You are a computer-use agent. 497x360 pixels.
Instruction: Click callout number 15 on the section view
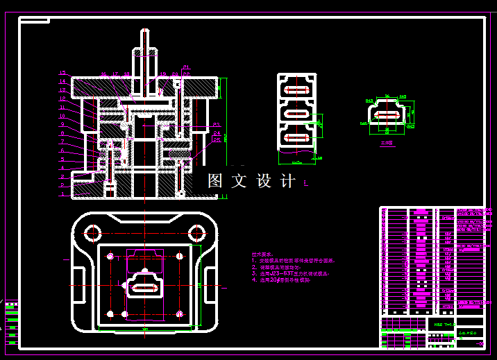tap(62, 73)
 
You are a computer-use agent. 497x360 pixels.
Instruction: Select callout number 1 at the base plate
tap(62, 195)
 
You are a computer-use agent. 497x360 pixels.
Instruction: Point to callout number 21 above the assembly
tap(186, 67)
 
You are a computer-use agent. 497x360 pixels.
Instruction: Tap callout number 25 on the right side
tap(217, 139)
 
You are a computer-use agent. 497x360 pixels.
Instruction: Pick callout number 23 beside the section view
tap(217, 125)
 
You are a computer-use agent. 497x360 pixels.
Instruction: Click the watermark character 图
tap(215, 181)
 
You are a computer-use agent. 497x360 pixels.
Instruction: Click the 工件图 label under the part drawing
tap(387, 144)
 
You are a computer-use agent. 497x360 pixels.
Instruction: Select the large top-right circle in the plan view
tap(197, 232)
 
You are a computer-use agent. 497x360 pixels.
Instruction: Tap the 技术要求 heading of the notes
tap(262, 254)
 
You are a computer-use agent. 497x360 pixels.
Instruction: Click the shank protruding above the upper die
tap(144, 52)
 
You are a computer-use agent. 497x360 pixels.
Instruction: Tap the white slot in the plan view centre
tap(144, 288)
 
